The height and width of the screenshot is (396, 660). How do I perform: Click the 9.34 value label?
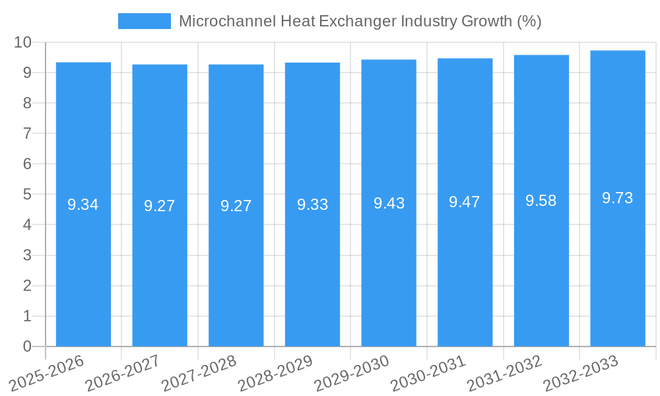[83, 205]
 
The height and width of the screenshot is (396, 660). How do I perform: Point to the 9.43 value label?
[389, 203]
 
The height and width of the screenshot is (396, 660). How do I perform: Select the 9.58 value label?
[541, 201]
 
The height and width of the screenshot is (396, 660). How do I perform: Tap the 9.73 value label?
[618, 198]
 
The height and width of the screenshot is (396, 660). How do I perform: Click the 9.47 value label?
[465, 202]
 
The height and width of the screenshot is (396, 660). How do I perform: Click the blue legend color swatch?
[144, 21]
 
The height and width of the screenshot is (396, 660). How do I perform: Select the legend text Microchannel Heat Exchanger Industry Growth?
[360, 21]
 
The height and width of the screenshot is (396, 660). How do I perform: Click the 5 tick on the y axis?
[27, 195]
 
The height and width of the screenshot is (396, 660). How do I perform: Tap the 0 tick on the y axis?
[27, 346]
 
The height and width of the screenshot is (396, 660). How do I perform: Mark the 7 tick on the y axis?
[27, 133]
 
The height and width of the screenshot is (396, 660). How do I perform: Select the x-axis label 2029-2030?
[352, 374]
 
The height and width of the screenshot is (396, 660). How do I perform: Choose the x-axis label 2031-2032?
[505, 374]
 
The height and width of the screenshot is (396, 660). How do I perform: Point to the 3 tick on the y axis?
[27, 255]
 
